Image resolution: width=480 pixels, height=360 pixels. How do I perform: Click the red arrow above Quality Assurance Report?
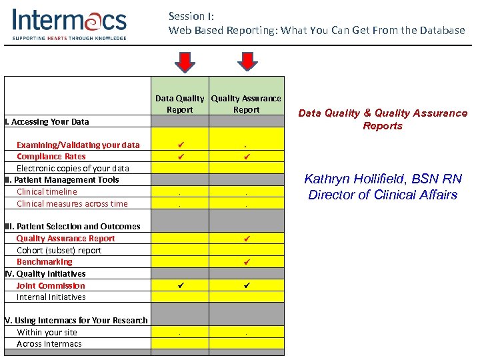[248, 61]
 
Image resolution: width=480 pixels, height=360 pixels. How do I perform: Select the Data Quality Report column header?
[179, 104]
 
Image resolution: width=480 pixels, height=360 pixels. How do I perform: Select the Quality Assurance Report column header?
[246, 104]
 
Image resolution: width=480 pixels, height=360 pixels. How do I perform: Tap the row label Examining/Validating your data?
[78, 145]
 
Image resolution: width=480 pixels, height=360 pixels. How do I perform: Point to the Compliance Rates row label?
[51, 157]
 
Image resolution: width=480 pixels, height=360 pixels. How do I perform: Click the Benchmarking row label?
[44, 262]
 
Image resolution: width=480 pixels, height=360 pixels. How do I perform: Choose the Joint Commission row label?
[51, 285]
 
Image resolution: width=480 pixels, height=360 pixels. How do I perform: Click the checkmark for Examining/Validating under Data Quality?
[179, 145]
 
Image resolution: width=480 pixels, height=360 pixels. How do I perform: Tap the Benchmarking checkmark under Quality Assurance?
[246, 262]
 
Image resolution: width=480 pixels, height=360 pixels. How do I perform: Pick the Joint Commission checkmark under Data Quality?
[179, 285]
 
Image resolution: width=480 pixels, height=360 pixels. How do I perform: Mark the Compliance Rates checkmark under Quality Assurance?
[246, 157]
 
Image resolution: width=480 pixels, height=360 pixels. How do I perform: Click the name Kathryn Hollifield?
[382, 179]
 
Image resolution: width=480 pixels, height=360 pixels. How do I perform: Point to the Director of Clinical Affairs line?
[382, 195]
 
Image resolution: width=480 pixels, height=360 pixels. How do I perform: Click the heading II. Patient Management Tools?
[61, 180]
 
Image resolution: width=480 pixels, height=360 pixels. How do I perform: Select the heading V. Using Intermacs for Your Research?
[76, 321]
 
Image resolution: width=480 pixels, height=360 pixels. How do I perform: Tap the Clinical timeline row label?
[47, 192]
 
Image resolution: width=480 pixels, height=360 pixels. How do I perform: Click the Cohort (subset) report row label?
[59, 250]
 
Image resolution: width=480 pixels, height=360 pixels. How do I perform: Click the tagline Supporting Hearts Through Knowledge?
[69, 38]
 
